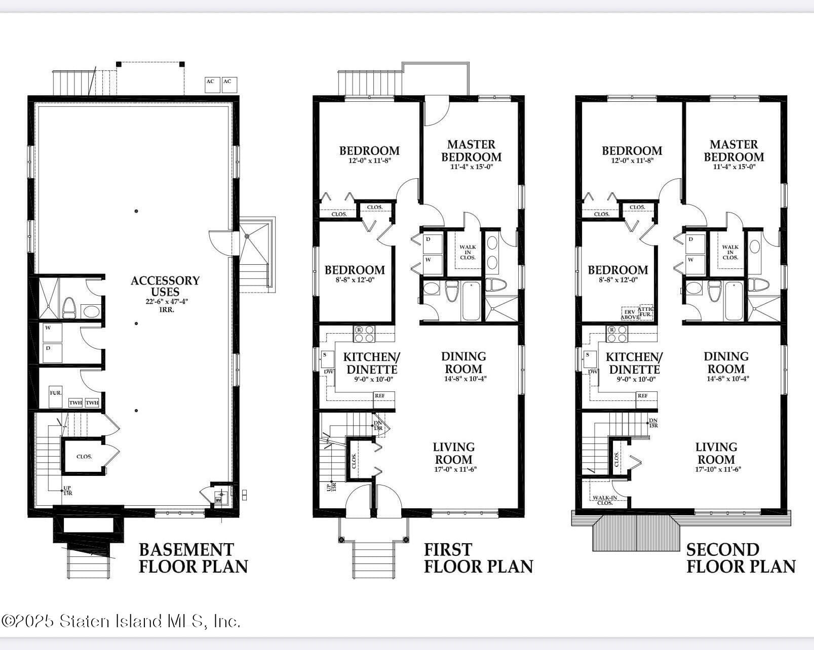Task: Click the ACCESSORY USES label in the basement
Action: [165, 286]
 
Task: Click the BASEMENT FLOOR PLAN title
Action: [193, 558]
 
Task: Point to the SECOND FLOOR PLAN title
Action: [741, 558]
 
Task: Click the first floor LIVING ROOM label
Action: [453, 453]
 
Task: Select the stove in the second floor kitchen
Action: [616, 334]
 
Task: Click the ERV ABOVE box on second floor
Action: [630, 314]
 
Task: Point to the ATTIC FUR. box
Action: [646, 312]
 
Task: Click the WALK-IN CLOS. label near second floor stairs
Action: [605, 500]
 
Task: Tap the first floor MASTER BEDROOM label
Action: [471, 151]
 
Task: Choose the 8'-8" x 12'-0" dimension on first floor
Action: [355, 279]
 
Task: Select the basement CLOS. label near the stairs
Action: [84, 457]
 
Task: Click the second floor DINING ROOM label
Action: [726, 362]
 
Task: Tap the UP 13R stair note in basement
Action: [67, 491]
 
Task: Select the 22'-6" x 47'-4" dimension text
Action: [166, 302]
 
